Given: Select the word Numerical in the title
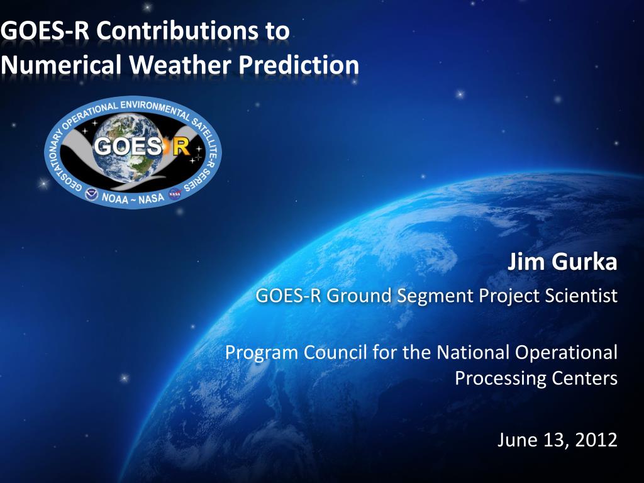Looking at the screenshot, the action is click(x=61, y=65).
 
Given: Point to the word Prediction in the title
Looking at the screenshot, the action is click(x=299, y=65).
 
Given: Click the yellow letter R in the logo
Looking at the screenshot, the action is click(x=181, y=146).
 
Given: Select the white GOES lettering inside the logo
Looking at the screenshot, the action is click(x=128, y=146).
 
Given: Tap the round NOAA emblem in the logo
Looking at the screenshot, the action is click(x=92, y=194).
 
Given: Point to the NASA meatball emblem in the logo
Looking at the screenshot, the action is click(x=175, y=194).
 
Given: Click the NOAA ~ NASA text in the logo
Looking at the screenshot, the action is click(x=133, y=198).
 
